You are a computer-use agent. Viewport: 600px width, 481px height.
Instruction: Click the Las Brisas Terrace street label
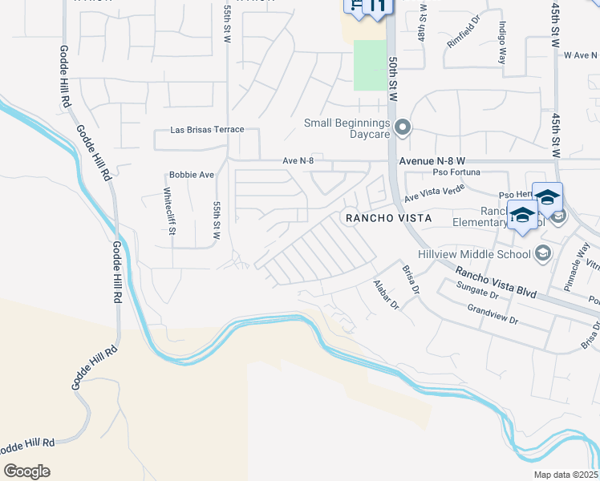coord(207,130)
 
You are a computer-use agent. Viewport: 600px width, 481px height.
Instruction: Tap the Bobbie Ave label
coord(192,175)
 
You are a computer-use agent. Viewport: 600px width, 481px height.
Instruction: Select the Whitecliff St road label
coord(168,211)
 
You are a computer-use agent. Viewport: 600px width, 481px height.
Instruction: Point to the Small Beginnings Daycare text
coord(347,129)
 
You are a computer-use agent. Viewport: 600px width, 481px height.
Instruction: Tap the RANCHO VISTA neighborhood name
coord(387,218)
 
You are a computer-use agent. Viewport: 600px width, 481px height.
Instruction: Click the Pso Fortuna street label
coord(456,172)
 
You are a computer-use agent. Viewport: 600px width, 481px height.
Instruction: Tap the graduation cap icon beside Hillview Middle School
coord(543,253)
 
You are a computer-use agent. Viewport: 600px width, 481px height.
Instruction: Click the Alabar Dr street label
coord(387,295)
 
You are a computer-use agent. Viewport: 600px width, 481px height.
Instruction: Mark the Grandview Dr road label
coord(493,313)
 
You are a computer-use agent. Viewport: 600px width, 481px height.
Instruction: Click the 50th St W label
coord(392,78)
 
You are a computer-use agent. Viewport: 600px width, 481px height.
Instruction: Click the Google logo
coord(26,471)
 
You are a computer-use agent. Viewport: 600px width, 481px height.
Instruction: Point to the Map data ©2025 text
coord(565,475)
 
